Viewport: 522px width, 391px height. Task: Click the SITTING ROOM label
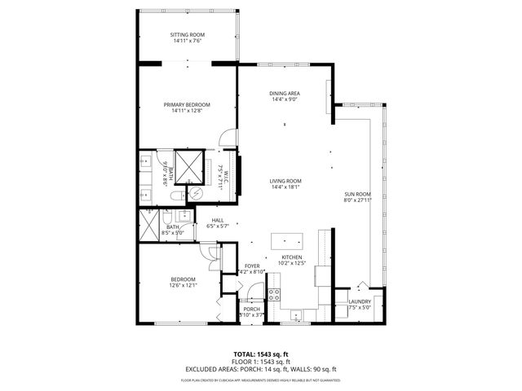[187, 35]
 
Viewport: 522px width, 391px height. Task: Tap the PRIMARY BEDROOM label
[187, 105]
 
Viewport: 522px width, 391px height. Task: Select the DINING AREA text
[285, 94]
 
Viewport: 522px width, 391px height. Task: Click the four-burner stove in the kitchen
[275, 294]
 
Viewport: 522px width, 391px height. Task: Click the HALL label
[218, 220]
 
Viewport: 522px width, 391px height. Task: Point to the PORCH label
[251, 309]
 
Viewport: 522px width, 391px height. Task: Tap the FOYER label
[251, 266]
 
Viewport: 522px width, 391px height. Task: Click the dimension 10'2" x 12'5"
[292, 262]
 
